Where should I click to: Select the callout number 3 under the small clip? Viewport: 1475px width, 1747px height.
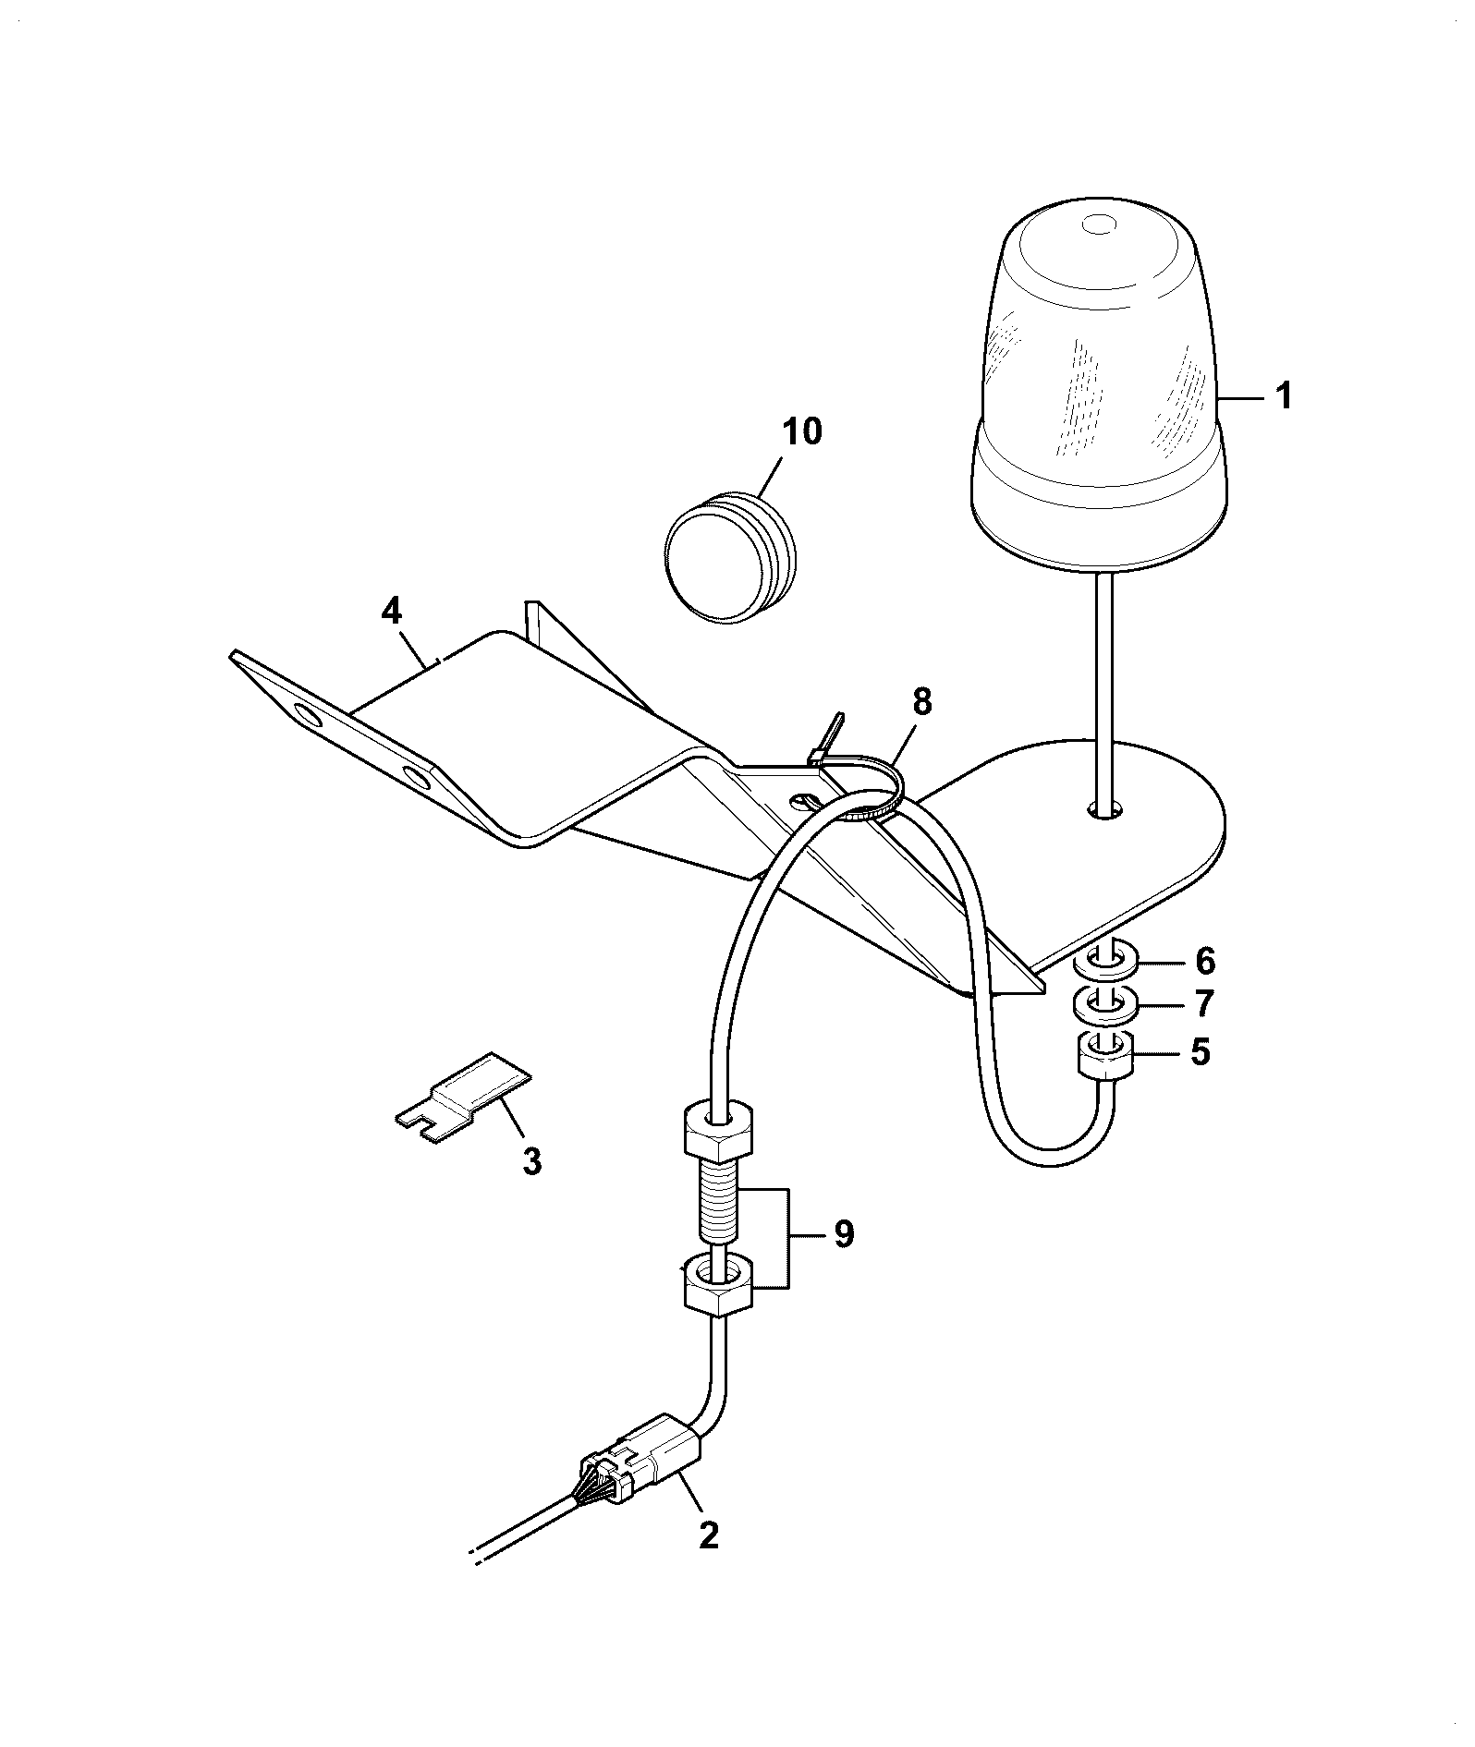531,1161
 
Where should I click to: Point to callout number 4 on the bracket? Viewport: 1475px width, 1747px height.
392,611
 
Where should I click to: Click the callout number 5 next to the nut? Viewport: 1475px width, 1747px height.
1200,1052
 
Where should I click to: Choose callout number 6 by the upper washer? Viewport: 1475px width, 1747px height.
1205,962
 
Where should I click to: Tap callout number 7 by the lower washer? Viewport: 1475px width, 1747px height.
1203,1003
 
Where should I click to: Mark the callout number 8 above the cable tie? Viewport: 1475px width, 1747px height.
921,703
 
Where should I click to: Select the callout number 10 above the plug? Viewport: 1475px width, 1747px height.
801,431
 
